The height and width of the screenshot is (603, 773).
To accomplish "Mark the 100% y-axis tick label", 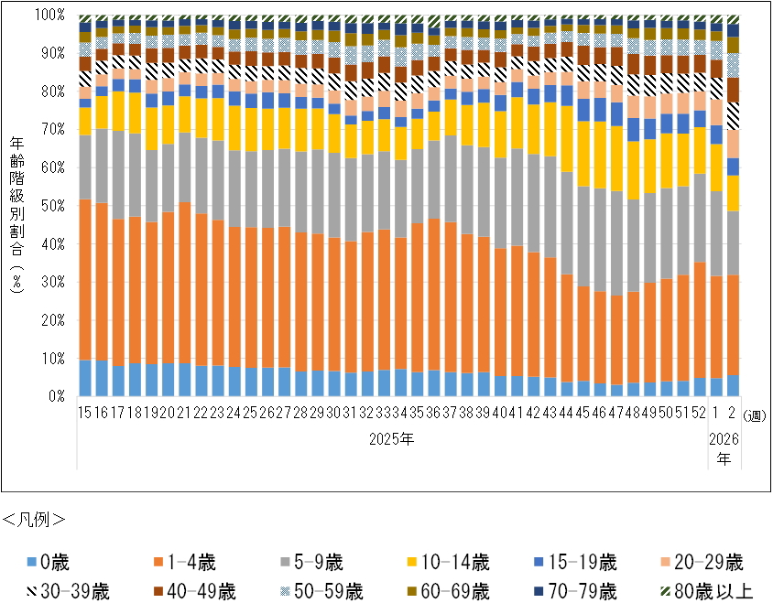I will tap(48, 16).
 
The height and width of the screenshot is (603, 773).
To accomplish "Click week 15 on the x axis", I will tap(85, 413).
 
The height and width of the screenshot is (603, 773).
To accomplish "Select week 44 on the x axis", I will tap(567, 413).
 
